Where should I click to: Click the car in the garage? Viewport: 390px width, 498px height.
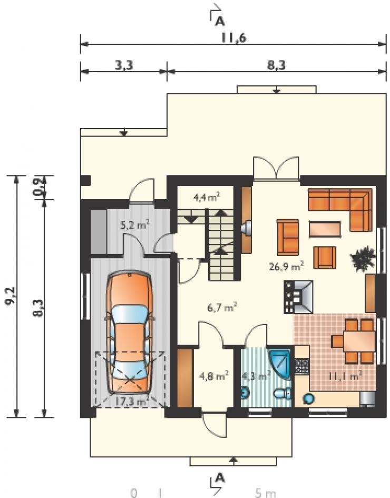pos(130,332)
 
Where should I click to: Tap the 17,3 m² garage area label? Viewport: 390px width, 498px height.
pos(131,402)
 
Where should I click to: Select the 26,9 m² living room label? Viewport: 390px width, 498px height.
pos(286,266)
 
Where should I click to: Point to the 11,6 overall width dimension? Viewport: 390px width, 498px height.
pos(234,38)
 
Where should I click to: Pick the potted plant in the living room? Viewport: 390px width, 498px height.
pos(363,258)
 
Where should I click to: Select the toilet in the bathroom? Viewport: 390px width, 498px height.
pos(282,394)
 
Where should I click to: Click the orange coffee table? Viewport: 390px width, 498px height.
pos(325,229)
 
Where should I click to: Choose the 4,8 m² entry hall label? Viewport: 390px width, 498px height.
pos(214,376)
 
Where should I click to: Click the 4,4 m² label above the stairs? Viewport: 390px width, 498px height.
pos(207,197)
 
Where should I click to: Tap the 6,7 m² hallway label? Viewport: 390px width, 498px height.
pos(222,307)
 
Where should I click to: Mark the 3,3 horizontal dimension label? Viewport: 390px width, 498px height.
pos(123,65)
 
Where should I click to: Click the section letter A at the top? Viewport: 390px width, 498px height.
pos(220,21)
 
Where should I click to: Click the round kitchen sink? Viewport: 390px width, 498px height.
pos(308,398)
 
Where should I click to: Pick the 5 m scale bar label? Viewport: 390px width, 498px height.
pos(266,493)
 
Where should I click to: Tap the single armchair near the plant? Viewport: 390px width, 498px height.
pos(325,258)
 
